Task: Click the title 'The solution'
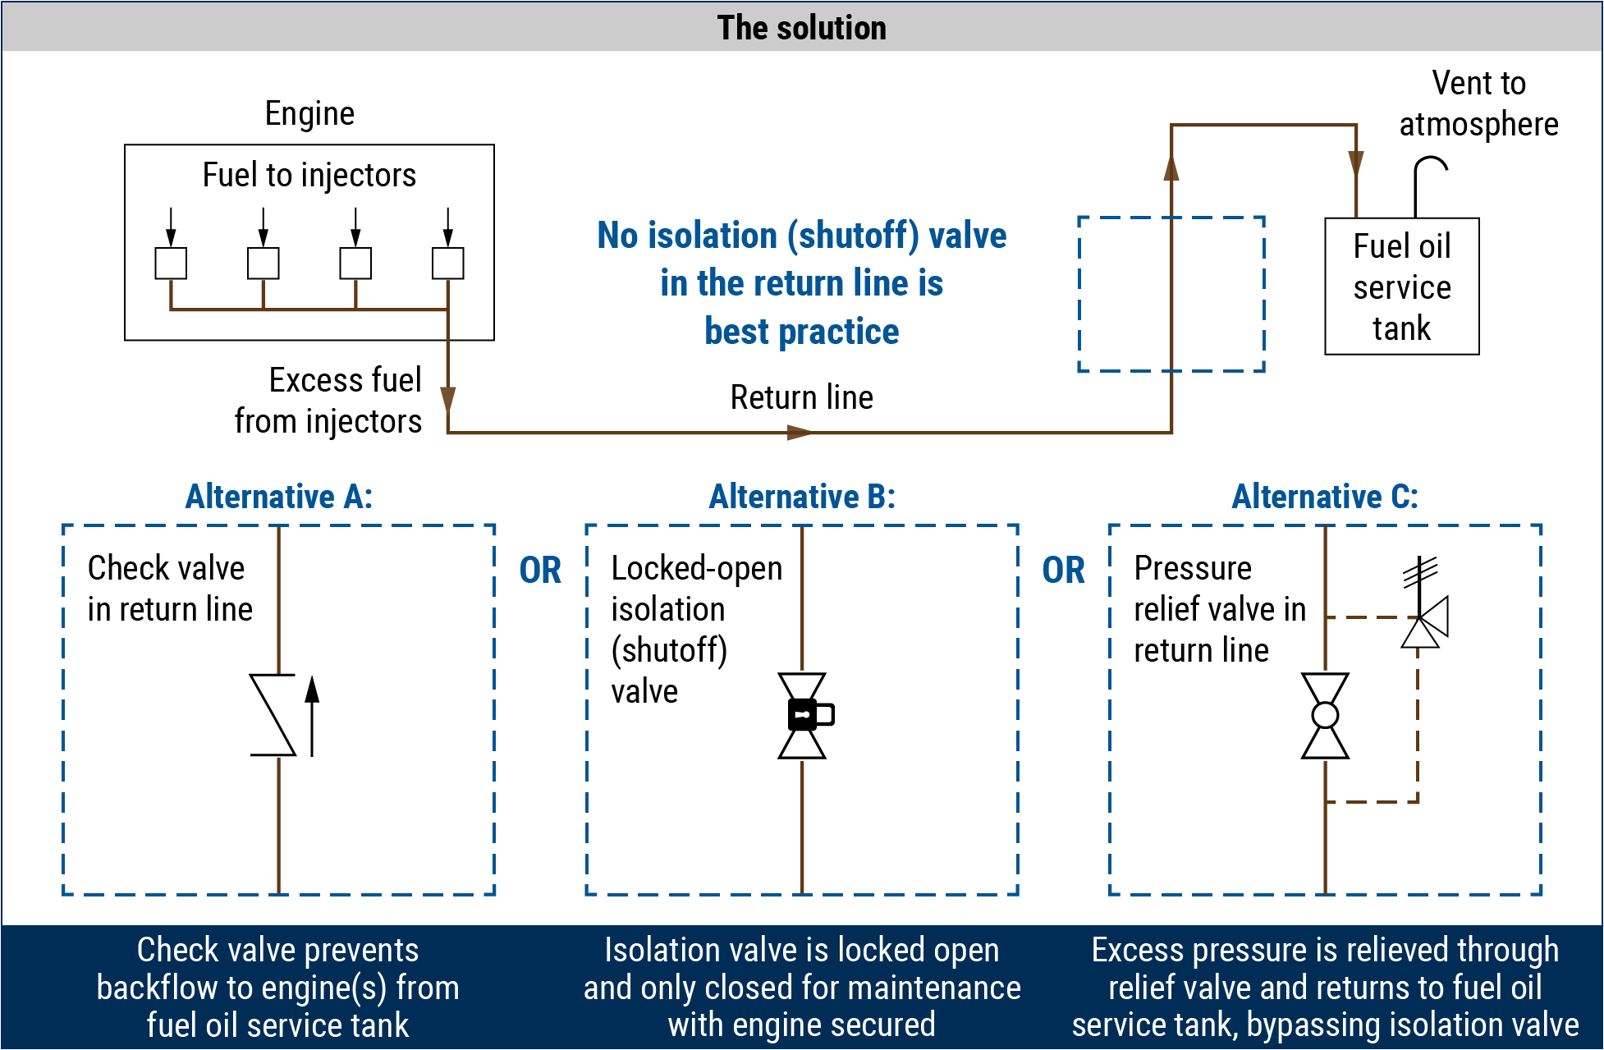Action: tap(801, 28)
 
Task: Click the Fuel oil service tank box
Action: tap(1401, 287)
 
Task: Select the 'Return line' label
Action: tap(801, 397)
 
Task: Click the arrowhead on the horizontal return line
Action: tap(799, 432)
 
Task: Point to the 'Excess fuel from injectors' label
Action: tap(328, 401)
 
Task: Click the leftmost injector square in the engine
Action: tap(171, 264)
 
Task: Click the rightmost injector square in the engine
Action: tap(447, 264)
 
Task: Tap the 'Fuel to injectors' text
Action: tap(309, 175)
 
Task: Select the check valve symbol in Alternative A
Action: tap(273, 714)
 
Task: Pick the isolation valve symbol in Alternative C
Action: tap(1325, 715)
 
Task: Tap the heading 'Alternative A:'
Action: tap(279, 497)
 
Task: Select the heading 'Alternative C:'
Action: tap(1325, 497)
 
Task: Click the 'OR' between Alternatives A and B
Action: tap(540, 571)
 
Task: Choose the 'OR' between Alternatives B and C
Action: tap(1063, 571)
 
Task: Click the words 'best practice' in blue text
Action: tap(801, 332)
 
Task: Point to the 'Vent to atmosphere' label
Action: tap(1478, 103)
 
